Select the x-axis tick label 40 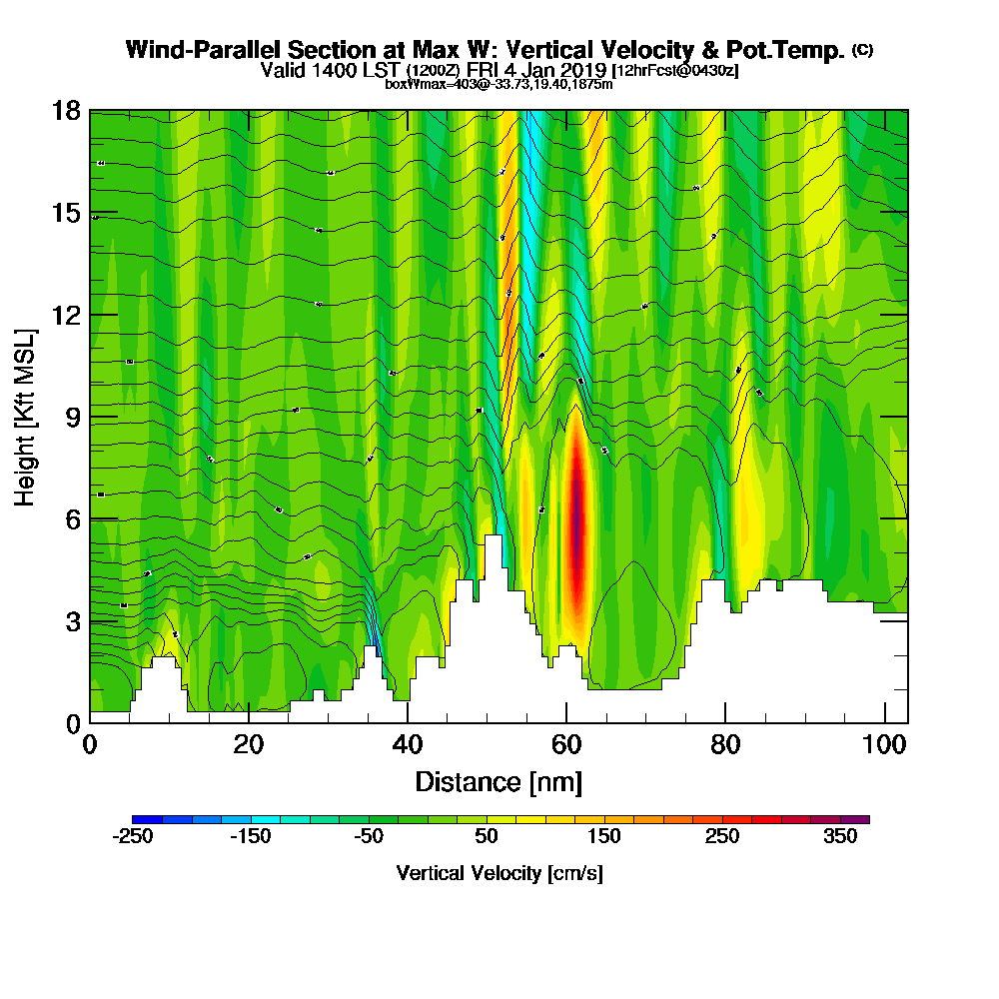408,744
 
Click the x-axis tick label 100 883,744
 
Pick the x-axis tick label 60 566,744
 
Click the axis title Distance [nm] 499,781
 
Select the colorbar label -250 133,837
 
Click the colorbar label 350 840,837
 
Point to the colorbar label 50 487,837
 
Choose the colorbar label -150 251,837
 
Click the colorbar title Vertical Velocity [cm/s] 499,873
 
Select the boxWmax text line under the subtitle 499,84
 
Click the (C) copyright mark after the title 862,48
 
